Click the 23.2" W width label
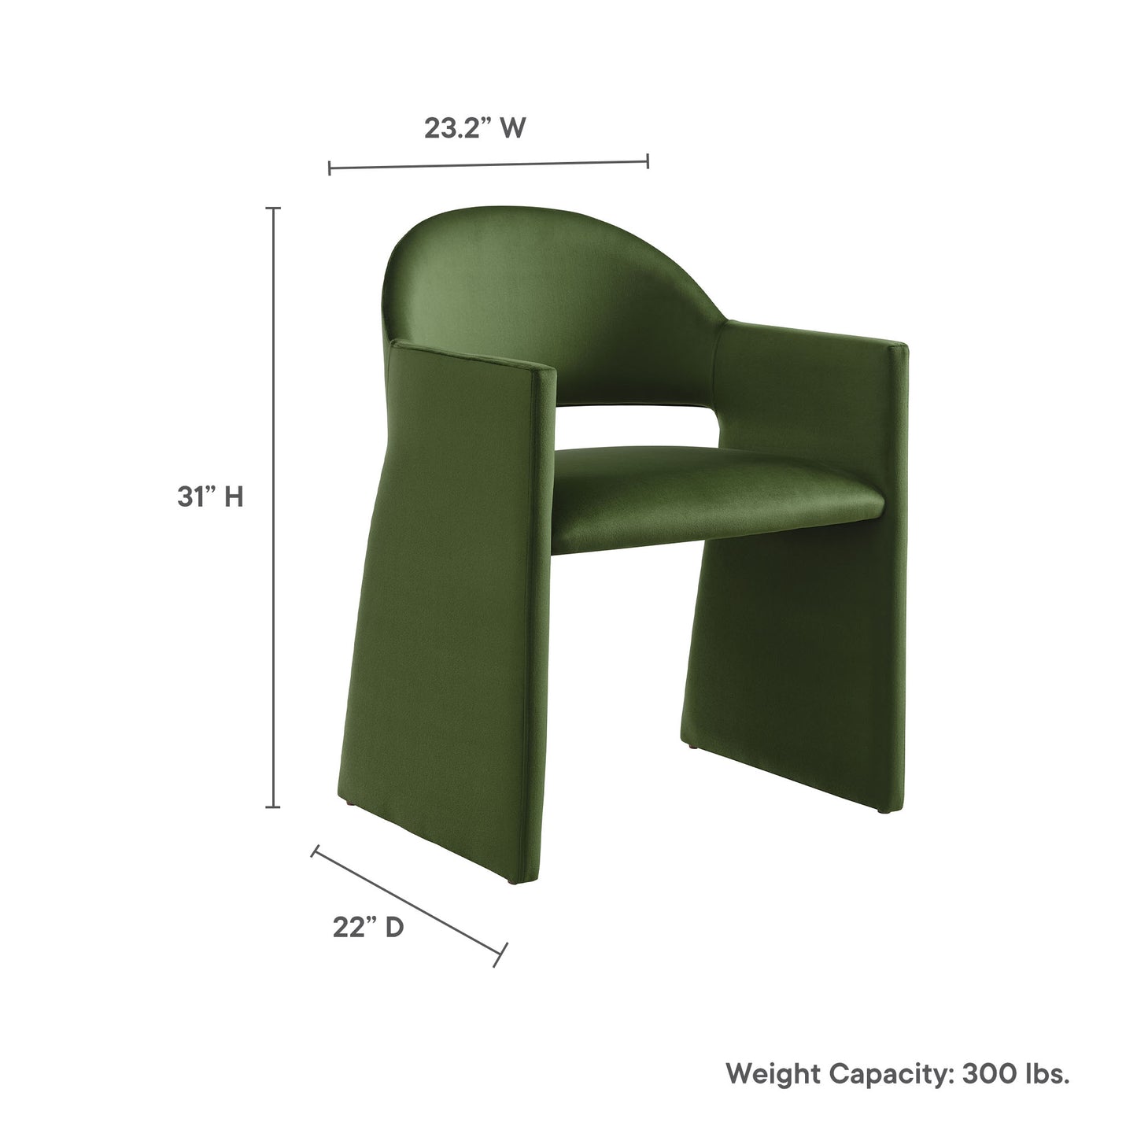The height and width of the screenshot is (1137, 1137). coord(474,128)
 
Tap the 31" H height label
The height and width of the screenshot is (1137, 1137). coord(209,497)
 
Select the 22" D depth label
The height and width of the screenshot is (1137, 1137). coord(367,928)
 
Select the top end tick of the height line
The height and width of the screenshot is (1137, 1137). coord(274,209)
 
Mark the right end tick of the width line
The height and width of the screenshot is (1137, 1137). coord(647,161)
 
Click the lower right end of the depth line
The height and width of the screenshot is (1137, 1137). coord(501,955)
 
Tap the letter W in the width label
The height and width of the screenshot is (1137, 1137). coord(511,128)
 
